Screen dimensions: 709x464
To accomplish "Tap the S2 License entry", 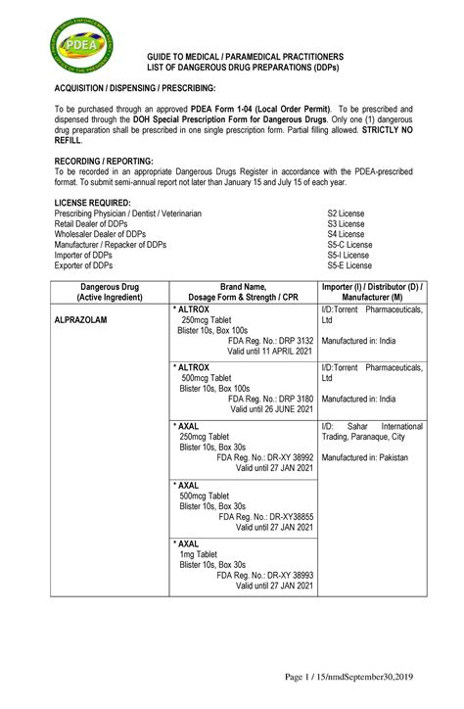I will (347, 213).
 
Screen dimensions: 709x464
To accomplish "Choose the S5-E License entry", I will (349, 265).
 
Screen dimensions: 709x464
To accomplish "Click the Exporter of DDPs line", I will (84, 265).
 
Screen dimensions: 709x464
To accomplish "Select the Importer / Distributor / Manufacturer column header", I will (371, 292).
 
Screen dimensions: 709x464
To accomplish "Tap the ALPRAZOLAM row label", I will (81, 320).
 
